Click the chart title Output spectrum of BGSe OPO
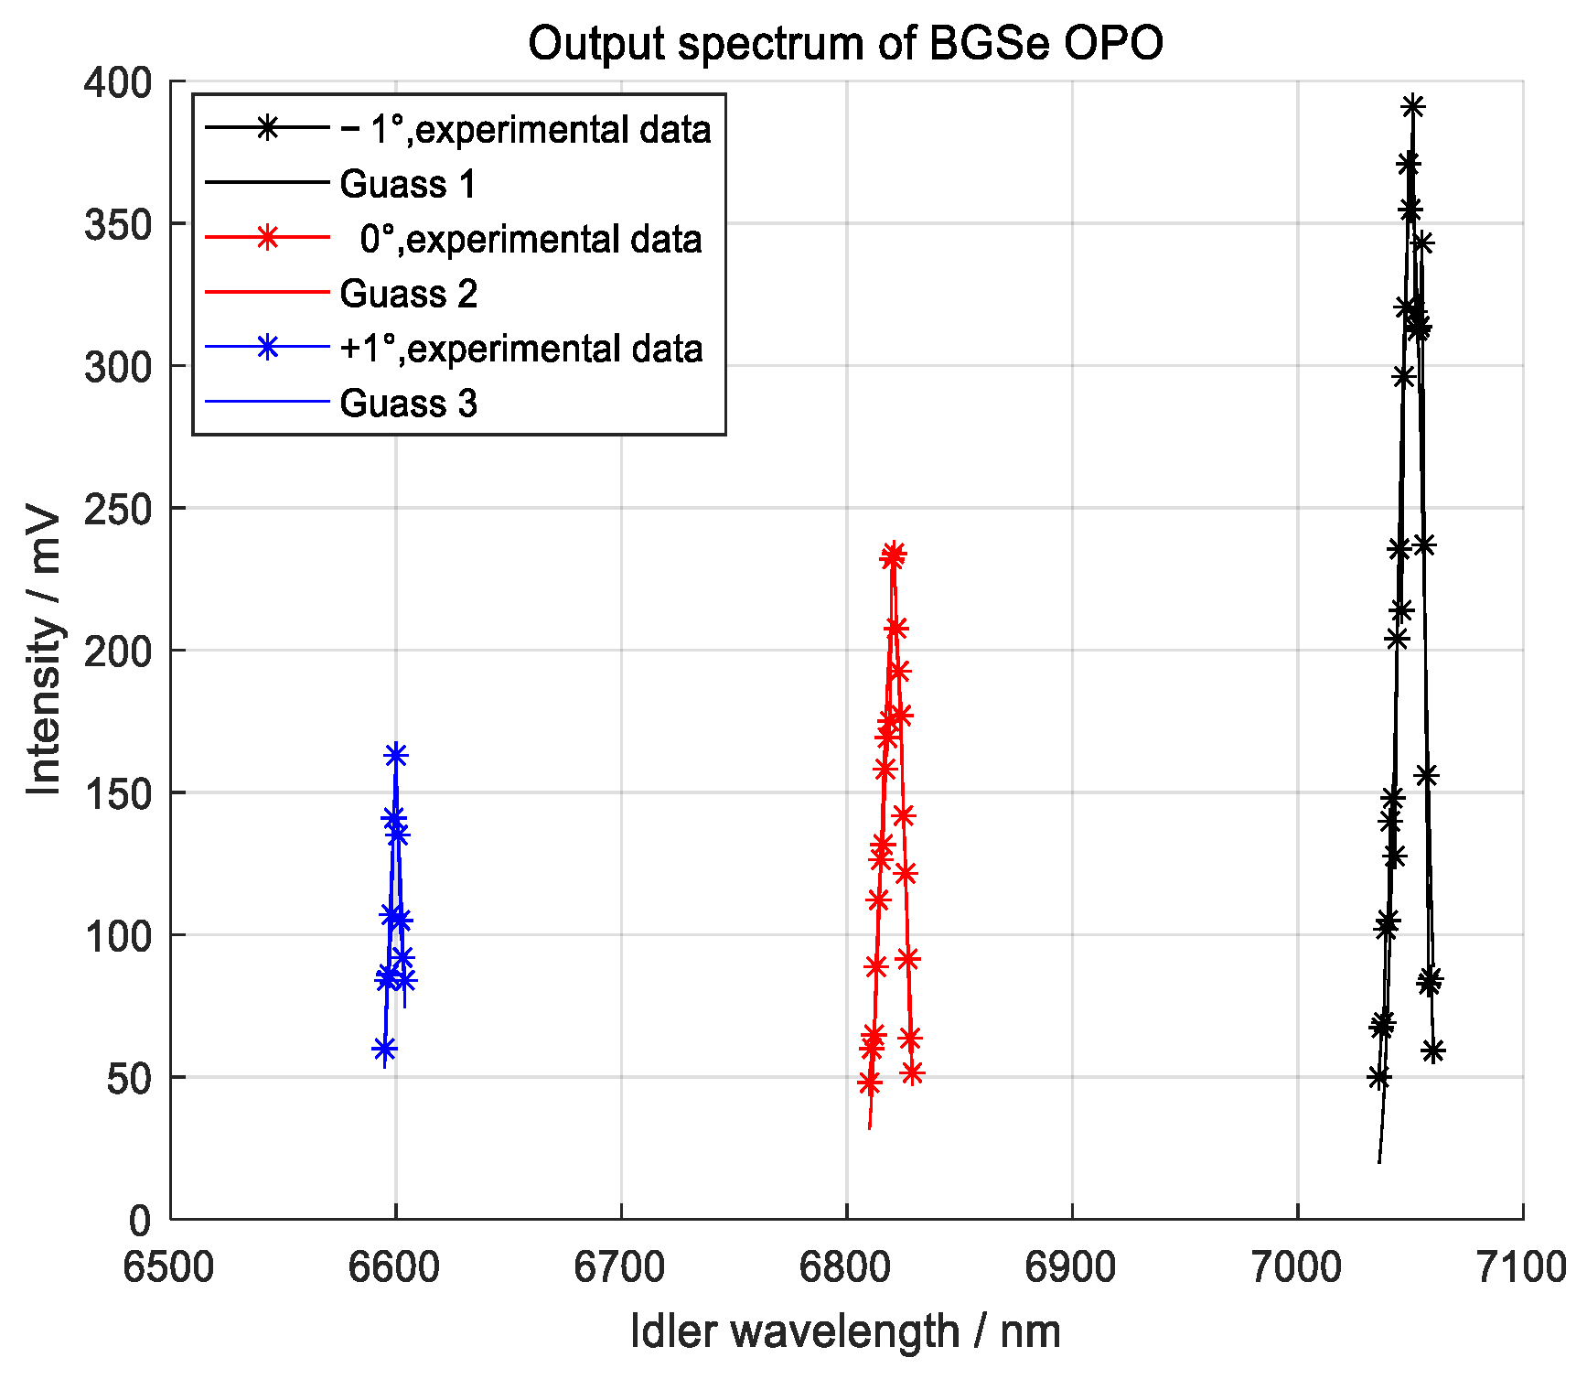point(845,43)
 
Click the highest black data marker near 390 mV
point(1412,107)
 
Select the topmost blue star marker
point(395,755)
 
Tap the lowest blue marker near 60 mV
point(384,1049)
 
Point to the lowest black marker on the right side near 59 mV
point(1433,1050)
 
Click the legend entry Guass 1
point(408,184)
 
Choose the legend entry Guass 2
point(408,294)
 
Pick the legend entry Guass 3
point(408,404)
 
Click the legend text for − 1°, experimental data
point(525,129)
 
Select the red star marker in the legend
point(267,238)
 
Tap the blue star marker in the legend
point(267,348)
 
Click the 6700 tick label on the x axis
point(620,1268)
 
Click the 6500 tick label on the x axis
point(170,1268)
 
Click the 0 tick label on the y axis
point(140,1220)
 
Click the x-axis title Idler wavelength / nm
point(845,1331)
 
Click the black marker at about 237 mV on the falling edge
point(1424,545)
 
